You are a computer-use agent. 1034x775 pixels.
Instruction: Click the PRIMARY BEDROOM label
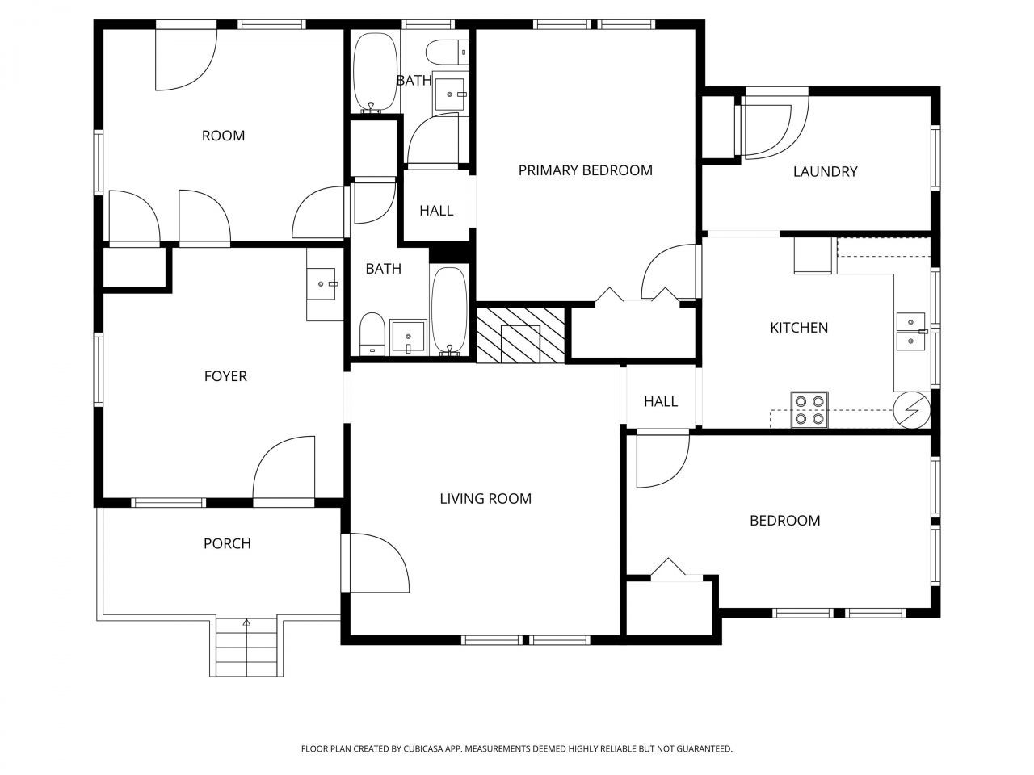tap(585, 170)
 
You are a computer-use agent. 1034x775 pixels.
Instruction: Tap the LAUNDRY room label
tap(825, 171)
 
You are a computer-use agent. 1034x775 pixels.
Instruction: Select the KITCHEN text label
tap(798, 328)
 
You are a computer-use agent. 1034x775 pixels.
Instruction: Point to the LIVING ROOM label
tap(485, 499)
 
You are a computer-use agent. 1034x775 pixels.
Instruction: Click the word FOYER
tap(225, 376)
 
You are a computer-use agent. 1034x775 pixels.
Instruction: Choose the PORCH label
tap(227, 544)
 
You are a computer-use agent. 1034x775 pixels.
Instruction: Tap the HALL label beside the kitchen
tap(660, 402)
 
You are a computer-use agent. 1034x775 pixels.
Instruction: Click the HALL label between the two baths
tap(436, 211)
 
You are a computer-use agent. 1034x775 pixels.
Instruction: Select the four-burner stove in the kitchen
tap(809, 409)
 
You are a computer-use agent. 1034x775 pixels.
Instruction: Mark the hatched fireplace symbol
tap(519, 334)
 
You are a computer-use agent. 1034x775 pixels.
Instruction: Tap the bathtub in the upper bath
tap(375, 73)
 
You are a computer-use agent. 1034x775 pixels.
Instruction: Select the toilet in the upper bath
tap(447, 52)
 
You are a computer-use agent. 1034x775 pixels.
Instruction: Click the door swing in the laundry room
tap(773, 124)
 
